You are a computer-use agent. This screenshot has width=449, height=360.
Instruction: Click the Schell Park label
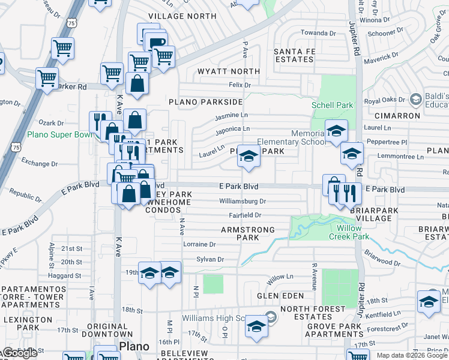[x=332, y=105]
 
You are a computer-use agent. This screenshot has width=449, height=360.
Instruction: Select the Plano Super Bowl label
[x=60, y=134]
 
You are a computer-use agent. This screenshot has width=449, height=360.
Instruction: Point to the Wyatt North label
[x=229, y=71]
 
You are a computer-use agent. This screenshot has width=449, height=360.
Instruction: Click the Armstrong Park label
[x=248, y=233]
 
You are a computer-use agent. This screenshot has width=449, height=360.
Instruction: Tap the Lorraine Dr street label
[x=199, y=244]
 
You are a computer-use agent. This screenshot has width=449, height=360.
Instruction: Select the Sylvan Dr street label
[x=209, y=259]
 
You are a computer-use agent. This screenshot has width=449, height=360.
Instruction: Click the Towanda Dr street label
[x=318, y=33]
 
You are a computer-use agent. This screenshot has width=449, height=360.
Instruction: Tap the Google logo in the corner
[x=20, y=353]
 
